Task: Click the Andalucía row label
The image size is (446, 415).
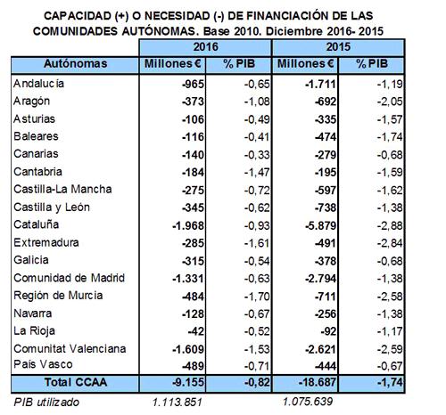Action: point(38,84)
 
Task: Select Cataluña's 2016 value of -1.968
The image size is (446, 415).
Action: point(188,226)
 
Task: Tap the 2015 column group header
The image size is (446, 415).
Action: point(338,47)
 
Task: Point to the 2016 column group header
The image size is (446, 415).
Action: point(205,47)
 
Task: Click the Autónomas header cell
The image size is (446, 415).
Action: point(75,64)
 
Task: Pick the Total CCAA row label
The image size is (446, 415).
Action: point(76,382)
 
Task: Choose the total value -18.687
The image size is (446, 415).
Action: point(318,382)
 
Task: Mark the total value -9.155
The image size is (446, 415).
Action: point(188,382)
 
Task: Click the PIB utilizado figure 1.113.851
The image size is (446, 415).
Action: point(178,403)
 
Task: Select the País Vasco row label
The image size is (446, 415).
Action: point(43,364)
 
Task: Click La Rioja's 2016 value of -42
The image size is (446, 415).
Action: point(196,331)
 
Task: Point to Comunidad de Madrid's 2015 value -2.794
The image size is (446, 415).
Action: point(321,279)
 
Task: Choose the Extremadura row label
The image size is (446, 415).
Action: point(46,243)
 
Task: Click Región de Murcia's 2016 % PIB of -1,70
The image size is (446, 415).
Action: point(257,297)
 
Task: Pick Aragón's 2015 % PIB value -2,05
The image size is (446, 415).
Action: point(390,102)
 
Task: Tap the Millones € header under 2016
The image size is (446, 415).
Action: point(173,64)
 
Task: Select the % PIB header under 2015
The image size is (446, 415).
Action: point(372,64)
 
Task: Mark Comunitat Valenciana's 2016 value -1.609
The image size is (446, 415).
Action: point(188,349)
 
